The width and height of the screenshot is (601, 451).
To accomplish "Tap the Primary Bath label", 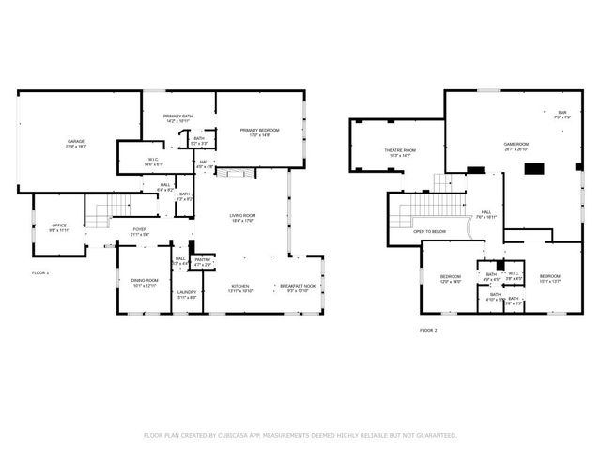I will [x=177, y=117].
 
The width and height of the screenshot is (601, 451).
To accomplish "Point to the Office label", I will [x=59, y=225].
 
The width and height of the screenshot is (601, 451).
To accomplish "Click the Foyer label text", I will [x=139, y=228].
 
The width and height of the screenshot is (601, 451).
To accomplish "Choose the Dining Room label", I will [x=145, y=281].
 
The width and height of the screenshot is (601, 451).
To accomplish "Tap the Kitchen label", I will [x=241, y=288].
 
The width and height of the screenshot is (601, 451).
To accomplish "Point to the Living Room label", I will [x=243, y=216].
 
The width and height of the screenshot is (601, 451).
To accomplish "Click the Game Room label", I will [x=516, y=144].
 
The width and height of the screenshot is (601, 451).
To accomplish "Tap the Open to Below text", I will [x=429, y=231].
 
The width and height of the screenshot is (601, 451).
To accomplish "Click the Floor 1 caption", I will [x=40, y=272].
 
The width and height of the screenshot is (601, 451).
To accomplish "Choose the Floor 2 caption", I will [x=428, y=331].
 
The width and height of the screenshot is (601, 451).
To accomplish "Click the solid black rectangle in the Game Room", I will [x=534, y=169].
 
